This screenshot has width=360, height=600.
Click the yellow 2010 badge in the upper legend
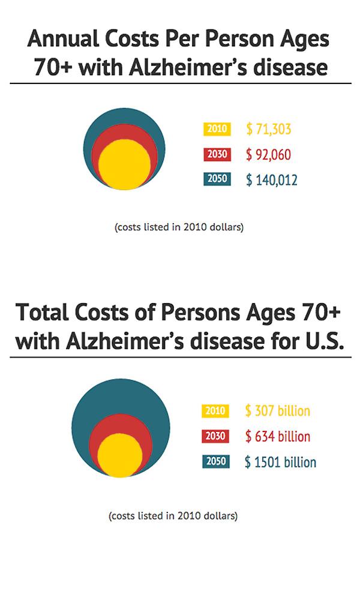(216, 129)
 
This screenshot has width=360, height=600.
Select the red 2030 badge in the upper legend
(216, 154)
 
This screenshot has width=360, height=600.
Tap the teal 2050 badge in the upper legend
(216, 179)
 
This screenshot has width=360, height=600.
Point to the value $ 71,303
(268, 129)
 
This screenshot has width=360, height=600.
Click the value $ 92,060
(268, 155)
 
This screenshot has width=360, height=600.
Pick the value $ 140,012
(271, 180)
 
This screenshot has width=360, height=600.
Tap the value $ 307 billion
(277, 411)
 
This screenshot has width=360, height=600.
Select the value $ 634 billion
(277, 436)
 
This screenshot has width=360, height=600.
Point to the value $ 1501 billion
(280, 462)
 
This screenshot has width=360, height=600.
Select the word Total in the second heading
(42, 314)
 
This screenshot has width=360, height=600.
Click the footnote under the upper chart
(178, 228)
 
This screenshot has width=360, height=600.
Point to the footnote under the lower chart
(173, 516)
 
